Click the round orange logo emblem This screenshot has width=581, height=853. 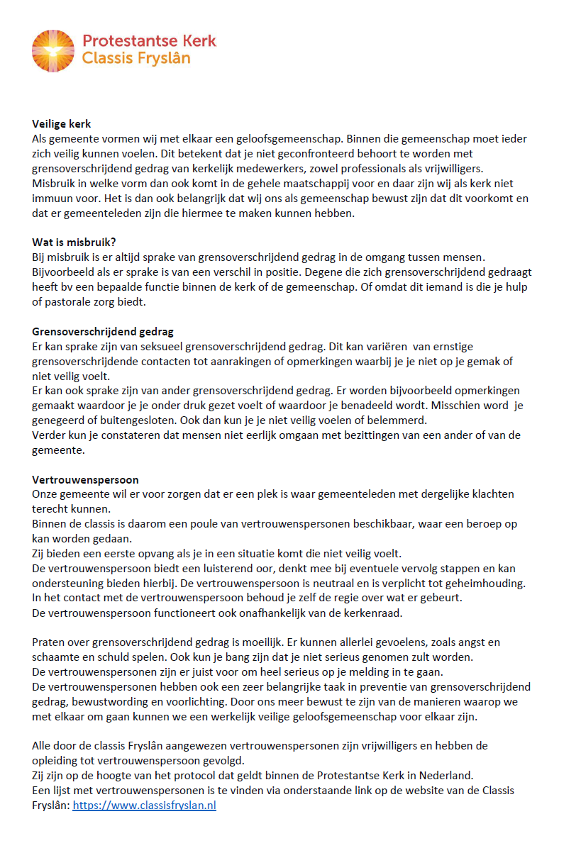click(52, 51)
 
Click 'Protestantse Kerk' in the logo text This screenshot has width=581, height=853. click(149, 40)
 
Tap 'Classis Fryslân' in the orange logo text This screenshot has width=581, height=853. click(136, 59)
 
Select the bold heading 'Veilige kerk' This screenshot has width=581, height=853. click(62, 124)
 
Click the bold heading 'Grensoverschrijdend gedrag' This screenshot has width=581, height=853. click(103, 332)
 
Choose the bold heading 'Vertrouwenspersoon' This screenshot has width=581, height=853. click(85, 480)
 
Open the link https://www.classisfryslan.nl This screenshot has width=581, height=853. click(144, 805)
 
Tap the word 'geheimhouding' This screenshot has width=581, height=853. click(484, 584)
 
